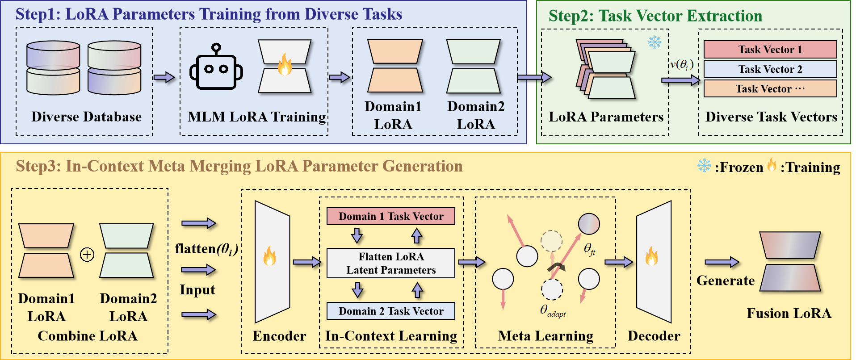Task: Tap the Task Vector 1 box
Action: tap(770, 50)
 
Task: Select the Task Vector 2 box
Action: tap(770, 69)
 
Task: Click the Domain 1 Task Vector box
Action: tap(390, 216)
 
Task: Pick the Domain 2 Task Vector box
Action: tap(390, 311)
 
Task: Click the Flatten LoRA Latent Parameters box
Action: tap(390, 263)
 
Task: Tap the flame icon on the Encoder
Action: tap(270, 256)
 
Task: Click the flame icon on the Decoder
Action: tap(651, 256)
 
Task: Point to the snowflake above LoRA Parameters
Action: tap(655, 42)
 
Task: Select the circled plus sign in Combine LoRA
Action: tap(87, 255)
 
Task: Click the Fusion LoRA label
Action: tap(789, 314)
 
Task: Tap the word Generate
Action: tap(725, 280)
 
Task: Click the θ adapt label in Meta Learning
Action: tap(552, 311)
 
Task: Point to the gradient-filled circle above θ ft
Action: tap(589, 224)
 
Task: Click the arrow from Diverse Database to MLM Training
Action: tap(164, 77)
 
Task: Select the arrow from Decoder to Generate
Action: tap(722, 262)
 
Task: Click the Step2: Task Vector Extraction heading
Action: tap(655, 16)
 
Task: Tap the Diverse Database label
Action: tap(86, 117)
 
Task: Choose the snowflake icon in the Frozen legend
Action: tap(704, 166)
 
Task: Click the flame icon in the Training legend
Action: tap(772, 165)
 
